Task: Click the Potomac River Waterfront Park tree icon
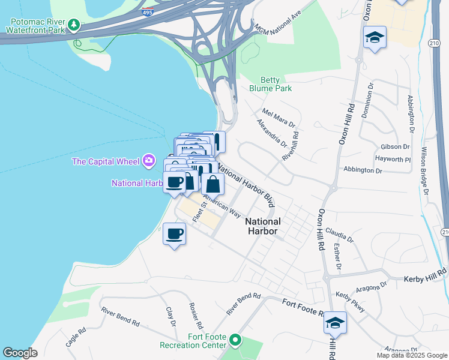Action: click(x=74, y=25)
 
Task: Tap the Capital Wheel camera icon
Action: click(x=149, y=160)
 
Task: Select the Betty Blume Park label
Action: click(x=276, y=84)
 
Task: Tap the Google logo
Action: click(x=20, y=353)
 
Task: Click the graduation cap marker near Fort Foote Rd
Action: click(x=335, y=322)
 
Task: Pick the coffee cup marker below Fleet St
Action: click(x=175, y=233)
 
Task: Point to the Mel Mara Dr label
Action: click(x=279, y=118)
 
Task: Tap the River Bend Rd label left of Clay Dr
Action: click(x=120, y=316)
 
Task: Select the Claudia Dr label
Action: click(x=340, y=235)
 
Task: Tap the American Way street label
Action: click(x=221, y=206)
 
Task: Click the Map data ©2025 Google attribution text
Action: click(x=411, y=355)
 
